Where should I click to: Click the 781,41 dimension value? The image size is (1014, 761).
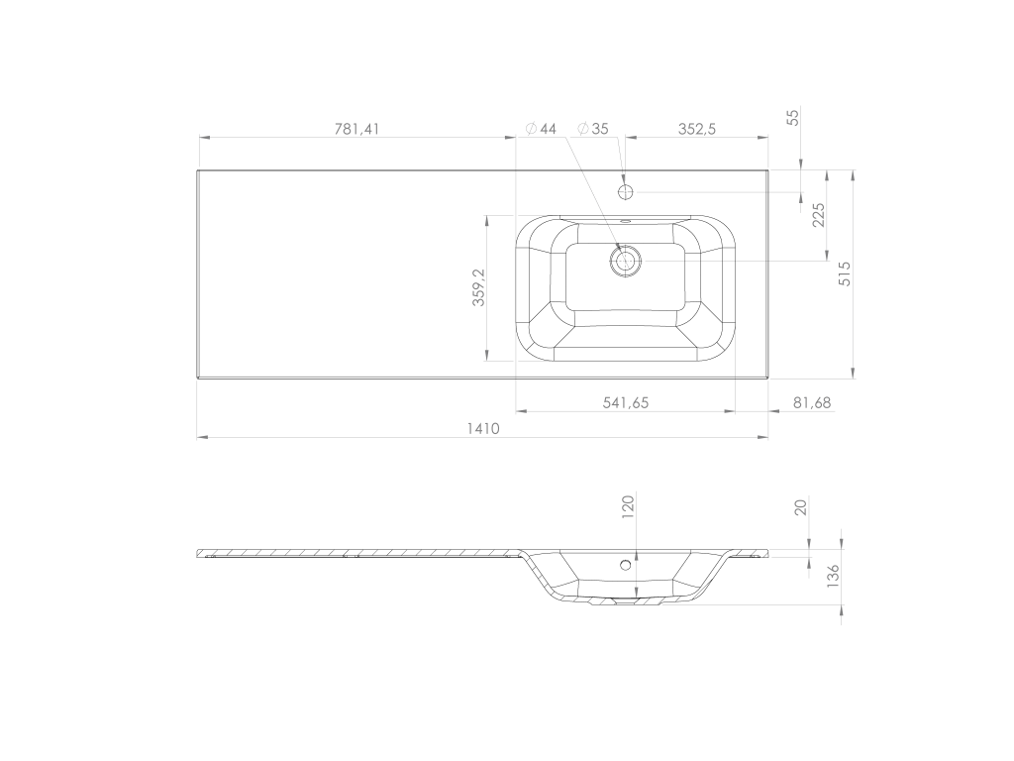[356, 129]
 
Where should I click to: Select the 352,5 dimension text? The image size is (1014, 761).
[696, 129]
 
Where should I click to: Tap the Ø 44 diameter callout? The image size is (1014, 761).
[541, 129]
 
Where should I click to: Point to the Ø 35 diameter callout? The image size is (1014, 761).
[593, 129]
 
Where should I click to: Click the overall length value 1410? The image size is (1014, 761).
[483, 428]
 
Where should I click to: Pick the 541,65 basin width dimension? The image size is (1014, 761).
[626, 402]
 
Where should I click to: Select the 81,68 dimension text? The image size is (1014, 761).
[812, 402]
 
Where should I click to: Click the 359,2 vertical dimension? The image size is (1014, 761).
[478, 287]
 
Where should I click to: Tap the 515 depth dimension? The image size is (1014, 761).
[845, 273]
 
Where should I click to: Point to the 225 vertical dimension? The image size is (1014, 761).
[819, 215]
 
